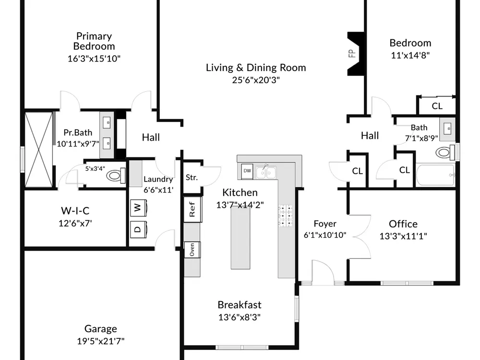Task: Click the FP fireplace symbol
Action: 356,54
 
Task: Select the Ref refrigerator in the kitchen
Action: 192,209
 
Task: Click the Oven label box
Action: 192,250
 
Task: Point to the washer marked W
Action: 139,208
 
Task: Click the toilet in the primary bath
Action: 116,175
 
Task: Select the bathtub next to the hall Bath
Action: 435,175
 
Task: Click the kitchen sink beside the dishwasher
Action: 266,172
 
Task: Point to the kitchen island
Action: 240,238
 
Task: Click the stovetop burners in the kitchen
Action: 285,216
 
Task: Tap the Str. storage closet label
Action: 192,178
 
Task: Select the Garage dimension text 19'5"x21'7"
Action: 101,341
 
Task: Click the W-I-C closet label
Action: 75,211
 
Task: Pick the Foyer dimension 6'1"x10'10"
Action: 325,235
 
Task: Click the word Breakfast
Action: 240,305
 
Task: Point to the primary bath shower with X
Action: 38,149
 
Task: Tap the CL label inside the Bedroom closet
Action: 437,106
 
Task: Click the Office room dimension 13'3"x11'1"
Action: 403,236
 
